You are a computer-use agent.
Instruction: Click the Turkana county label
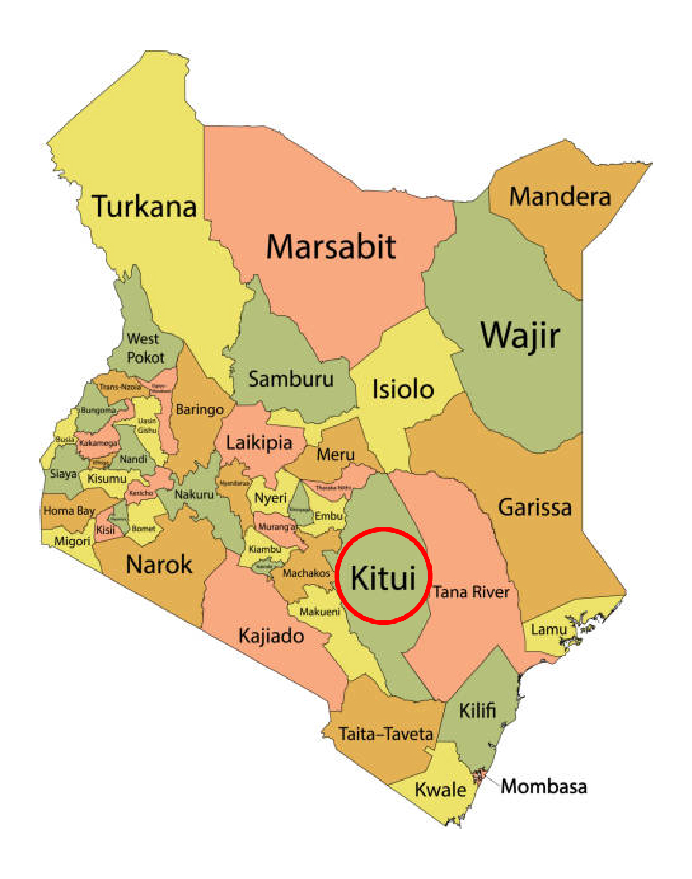click(x=144, y=206)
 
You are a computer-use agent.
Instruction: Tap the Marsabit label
click(x=331, y=246)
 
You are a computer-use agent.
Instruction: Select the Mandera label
click(x=560, y=196)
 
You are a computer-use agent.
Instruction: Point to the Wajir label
click(x=520, y=335)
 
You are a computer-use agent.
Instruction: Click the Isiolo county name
click(x=403, y=389)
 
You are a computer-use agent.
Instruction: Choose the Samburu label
click(x=291, y=379)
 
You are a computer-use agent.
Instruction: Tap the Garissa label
click(x=535, y=507)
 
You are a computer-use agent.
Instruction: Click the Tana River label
click(x=471, y=592)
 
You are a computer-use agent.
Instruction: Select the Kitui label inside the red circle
click(x=383, y=577)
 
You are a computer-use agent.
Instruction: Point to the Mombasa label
click(x=544, y=786)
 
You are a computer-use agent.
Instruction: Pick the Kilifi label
click(x=477, y=711)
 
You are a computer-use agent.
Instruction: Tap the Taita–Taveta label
click(x=386, y=734)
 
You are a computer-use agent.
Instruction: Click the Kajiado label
click(x=271, y=636)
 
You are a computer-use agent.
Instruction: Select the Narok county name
click(x=159, y=565)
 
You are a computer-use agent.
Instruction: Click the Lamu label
click(x=548, y=630)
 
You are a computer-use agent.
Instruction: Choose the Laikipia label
click(x=259, y=443)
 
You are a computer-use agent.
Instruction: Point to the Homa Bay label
click(x=69, y=510)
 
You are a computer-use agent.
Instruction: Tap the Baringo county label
click(x=199, y=409)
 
